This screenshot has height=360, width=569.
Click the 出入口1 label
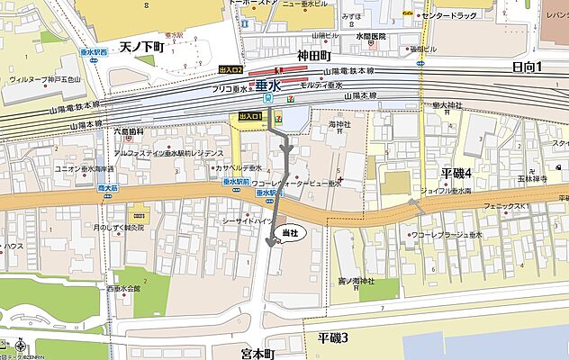tap(250, 117)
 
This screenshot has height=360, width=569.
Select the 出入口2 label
tap(230, 68)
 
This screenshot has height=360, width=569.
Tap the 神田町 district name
tap(316, 56)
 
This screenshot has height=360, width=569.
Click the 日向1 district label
tap(532, 67)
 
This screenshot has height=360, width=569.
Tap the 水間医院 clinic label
tap(369, 37)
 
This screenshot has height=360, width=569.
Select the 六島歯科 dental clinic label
tap(128, 131)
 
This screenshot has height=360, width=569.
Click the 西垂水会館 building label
tap(123, 289)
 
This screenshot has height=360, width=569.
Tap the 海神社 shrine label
tap(339, 123)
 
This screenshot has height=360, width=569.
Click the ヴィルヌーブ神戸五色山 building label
tap(45, 79)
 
